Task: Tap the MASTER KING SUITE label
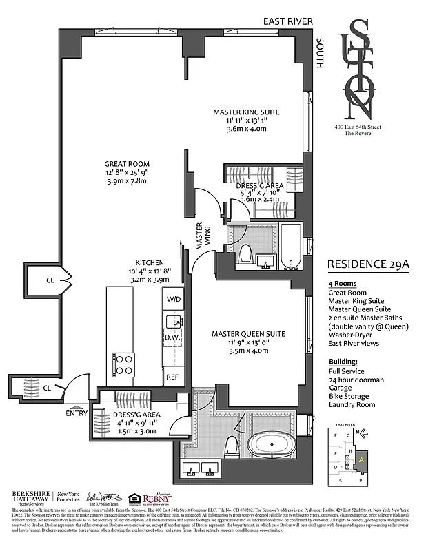(x=246, y=112)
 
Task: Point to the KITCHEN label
(x=149, y=262)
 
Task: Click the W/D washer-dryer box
(x=172, y=299)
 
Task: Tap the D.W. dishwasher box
(x=172, y=337)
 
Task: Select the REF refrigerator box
(x=172, y=377)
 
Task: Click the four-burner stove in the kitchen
(x=123, y=363)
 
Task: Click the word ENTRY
(x=77, y=413)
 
